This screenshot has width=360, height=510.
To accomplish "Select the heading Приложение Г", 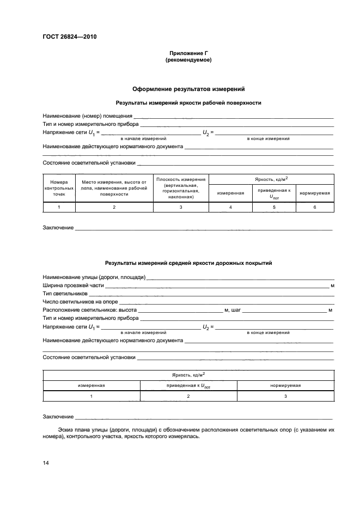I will pos(188,53).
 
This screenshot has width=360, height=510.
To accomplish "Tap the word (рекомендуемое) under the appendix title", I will pos(188,60).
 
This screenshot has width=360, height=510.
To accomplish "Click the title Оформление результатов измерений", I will pos(188,88).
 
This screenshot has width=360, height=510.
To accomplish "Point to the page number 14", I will pos(46,463).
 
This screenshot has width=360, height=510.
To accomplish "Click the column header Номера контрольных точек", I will pos(59,188).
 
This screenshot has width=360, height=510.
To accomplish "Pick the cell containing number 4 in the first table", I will pos(230,208).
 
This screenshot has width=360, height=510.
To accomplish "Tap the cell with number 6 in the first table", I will pos(314,208).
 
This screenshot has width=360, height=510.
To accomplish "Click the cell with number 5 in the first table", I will pos(274,208).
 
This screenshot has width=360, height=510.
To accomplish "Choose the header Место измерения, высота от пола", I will pos(114,188).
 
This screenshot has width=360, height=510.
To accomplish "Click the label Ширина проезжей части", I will pos(73,286).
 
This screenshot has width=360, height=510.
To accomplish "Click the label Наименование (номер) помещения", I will pos(88,116).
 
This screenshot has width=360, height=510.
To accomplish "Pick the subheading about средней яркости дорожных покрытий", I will pos(188,263).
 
